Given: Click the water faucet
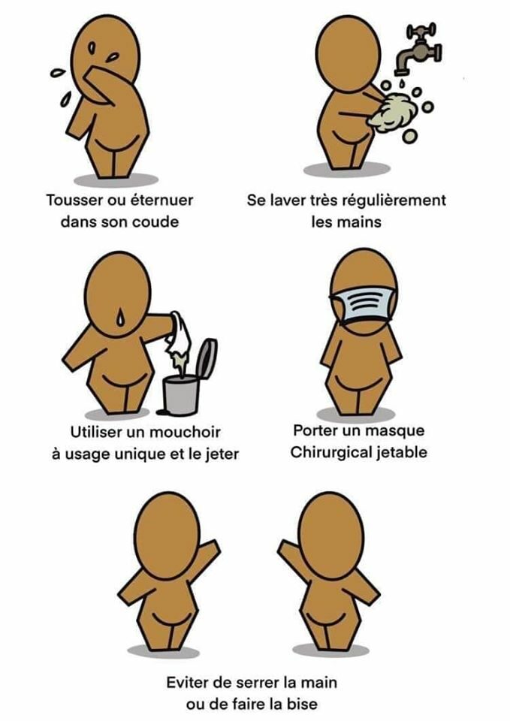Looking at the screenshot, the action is [x=418, y=49].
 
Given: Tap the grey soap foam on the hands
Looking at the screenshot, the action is [x=393, y=112].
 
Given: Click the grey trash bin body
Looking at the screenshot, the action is [x=181, y=396].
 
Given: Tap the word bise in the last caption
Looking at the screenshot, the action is [x=302, y=704].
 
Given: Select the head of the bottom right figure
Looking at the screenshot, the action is [x=330, y=532].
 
